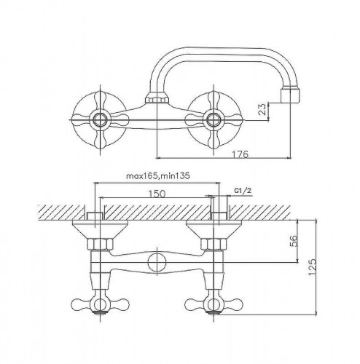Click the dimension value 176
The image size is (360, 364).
coord(240,154)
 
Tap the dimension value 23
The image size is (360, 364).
coord(262,109)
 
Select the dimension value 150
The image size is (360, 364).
coord(157,194)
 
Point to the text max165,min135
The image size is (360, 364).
coord(157,176)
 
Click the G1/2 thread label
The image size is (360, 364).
coord(243,191)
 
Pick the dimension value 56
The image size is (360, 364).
coord(294,241)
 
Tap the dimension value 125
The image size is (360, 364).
coord(313,267)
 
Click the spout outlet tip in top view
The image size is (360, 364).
coord(291,95)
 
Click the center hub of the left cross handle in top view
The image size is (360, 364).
coord(100,119)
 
